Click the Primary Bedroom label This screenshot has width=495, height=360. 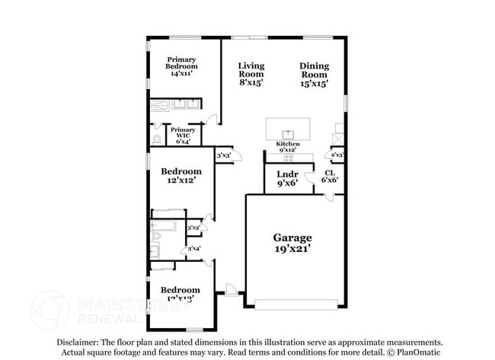(182, 66)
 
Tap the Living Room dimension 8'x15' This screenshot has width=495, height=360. (251, 84)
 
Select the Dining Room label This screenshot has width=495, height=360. (314, 71)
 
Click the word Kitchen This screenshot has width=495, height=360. (287, 144)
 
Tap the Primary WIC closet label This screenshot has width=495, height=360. (182, 135)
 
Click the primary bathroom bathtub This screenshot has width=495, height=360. (161, 105)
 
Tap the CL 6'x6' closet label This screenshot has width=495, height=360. (328, 177)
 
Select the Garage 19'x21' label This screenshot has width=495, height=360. (292, 243)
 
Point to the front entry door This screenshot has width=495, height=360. (231, 289)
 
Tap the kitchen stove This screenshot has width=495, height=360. (337, 139)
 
